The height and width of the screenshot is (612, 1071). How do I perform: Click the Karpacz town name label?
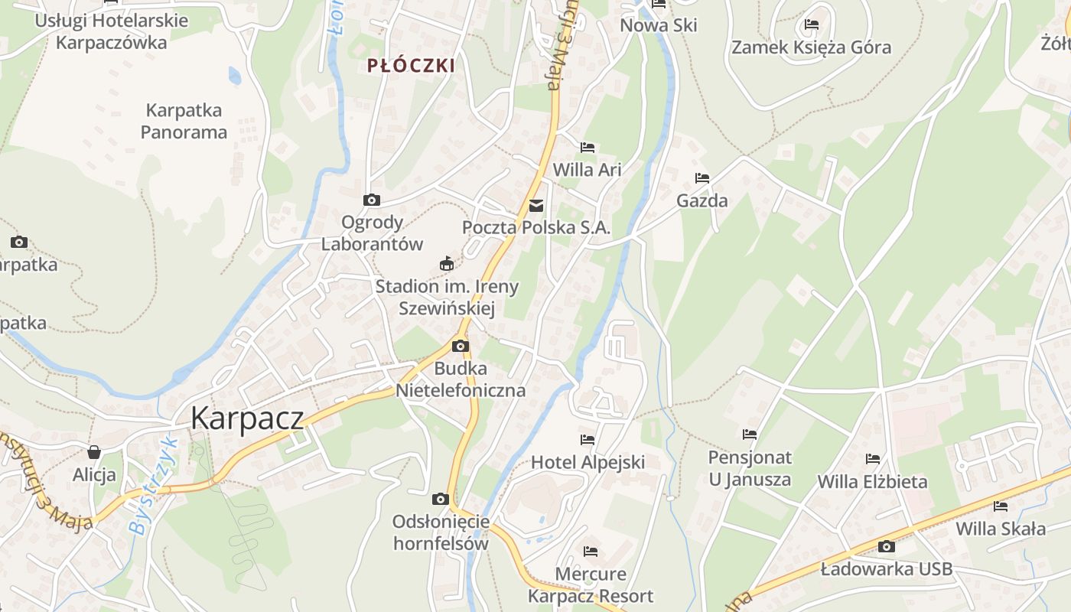247,418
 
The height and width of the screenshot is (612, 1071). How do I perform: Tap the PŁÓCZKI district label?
411,66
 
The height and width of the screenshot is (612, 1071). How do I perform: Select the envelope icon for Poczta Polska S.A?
536,205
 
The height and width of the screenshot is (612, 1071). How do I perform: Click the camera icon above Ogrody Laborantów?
372,200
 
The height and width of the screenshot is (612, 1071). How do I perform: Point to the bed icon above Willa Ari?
588,148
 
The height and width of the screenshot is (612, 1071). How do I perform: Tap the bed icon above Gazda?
702,178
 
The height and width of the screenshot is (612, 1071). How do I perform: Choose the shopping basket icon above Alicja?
94,452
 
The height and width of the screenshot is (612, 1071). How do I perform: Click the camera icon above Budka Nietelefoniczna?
460,347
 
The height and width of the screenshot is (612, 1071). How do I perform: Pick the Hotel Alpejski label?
588,462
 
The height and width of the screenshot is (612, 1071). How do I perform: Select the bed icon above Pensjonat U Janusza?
750,435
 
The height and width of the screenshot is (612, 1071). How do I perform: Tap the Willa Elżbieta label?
872,482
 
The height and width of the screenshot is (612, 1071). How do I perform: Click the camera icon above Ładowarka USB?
887,546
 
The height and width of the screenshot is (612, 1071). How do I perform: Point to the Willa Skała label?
1001,529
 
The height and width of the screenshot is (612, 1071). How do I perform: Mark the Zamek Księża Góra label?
811,47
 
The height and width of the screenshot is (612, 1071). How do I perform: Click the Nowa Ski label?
659,25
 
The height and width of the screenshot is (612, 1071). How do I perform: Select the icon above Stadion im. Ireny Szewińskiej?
447,264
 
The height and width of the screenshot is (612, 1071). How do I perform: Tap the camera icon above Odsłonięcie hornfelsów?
441,500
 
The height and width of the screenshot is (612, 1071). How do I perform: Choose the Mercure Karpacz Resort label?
591,585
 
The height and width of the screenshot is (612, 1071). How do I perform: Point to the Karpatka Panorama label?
184,121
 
